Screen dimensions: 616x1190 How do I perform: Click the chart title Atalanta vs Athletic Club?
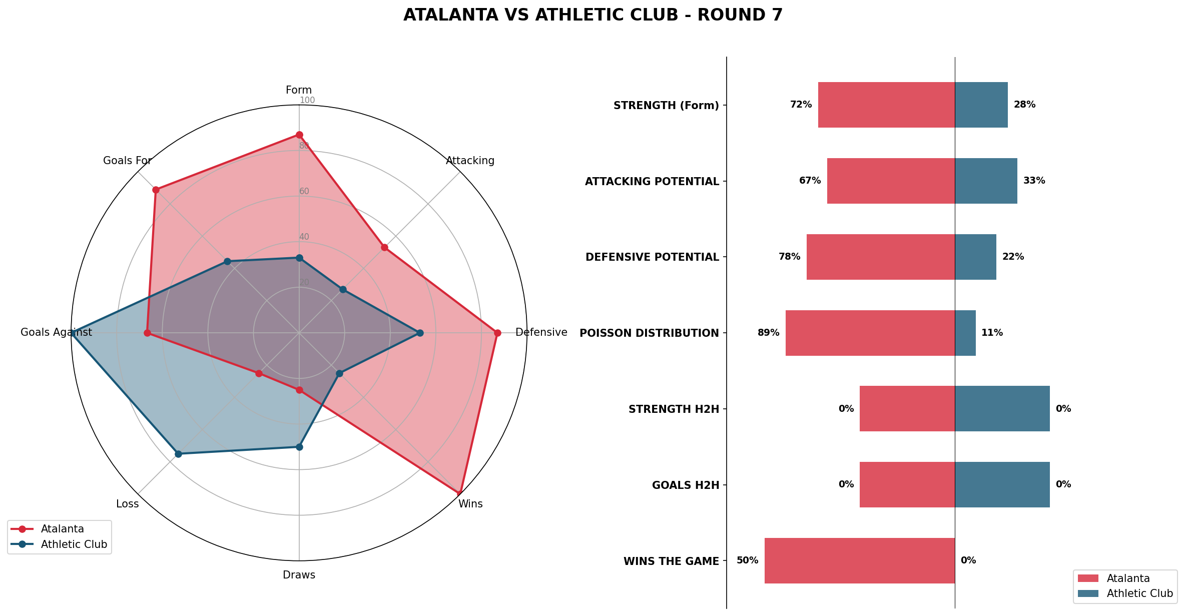pyautogui.click(x=593, y=15)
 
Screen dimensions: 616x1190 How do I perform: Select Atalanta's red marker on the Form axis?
pyautogui.click(x=299, y=135)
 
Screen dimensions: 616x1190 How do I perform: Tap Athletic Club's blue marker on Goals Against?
pyautogui.click(x=73, y=333)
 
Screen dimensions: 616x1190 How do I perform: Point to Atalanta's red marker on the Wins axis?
pyautogui.click(x=459, y=493)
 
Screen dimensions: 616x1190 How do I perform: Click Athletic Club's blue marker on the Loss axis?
pyautogui.click(x=178, y=454)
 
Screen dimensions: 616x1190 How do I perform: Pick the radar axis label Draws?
pyautogui.click(x=299, y=575)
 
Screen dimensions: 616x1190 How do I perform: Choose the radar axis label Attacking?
pyautogui.click(x=470, y=161)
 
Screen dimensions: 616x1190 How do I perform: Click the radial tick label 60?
pyautogui.click(x=304, y=191)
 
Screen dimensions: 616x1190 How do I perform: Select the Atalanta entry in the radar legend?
pyautogui.click(x=62, y=529)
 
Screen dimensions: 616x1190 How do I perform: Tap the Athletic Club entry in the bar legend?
pyautogui.click(x=1139, y=593)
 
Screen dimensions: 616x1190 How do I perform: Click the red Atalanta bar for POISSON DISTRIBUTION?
pyautogui.click(x=870, y=333)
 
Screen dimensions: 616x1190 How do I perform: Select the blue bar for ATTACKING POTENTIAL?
pyautogui.click(x=986, y=181)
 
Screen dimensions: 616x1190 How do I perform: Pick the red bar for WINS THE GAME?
pyautogui.click(x=859, y=560)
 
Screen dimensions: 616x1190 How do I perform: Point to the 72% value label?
pyautogui.click(x=801, y=105)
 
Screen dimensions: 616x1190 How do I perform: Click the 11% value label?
pyautogui.click(x=992, y=333)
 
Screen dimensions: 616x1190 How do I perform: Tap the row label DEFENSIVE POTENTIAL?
pyautogui.click(x=652, y=257)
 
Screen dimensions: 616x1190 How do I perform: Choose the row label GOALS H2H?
pyautogui.click(x=686, y=485)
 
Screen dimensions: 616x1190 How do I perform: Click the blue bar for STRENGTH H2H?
pyautogui.click(x=1002, y=408)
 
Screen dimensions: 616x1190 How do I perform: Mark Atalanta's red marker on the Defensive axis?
pyautogui.click(x=497, y=333)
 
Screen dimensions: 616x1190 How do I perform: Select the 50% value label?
pyautogui.click(x=747, y=560)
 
